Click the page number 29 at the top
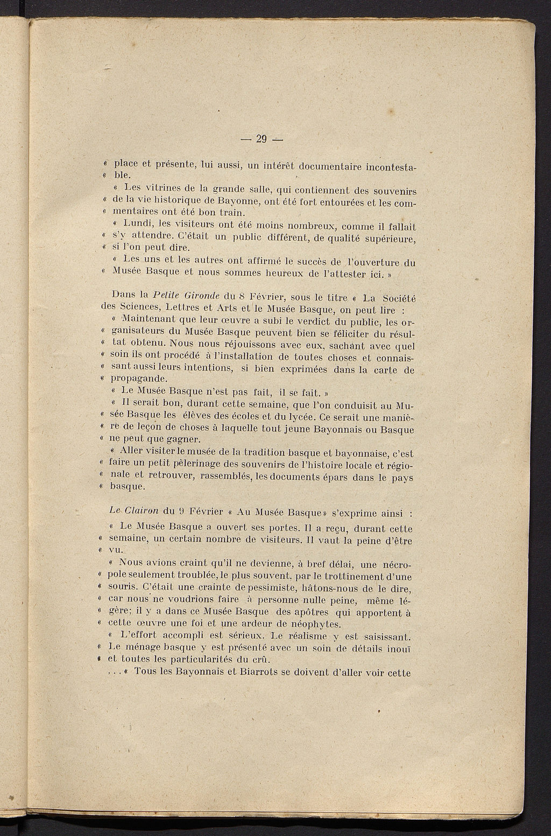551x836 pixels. pyautogui.click(x=262, y=139)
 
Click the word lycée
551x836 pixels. pyautogui.click(x=302, y=416)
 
